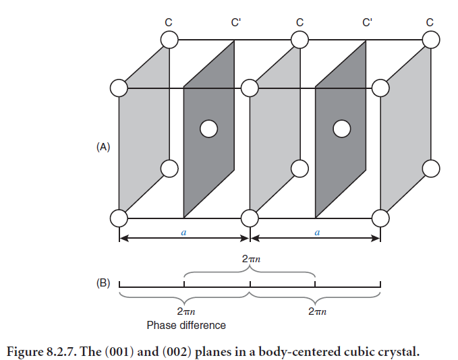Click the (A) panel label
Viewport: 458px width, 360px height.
tap(103, 146)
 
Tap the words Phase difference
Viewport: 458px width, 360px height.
tap(186, 325)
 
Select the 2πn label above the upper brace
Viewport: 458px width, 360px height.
tap(250, 258)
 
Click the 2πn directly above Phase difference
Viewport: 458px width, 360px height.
tap(186, 312)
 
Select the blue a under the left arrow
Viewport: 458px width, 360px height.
tap(184, 232)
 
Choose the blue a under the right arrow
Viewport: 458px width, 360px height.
tap(316, 232)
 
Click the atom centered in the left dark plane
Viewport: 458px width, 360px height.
tap(209, 127)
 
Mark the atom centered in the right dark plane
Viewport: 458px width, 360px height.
tap(342, 127)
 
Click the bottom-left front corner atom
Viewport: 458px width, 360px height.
tap(119, 218)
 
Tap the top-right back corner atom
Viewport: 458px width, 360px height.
tap(430, 40)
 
